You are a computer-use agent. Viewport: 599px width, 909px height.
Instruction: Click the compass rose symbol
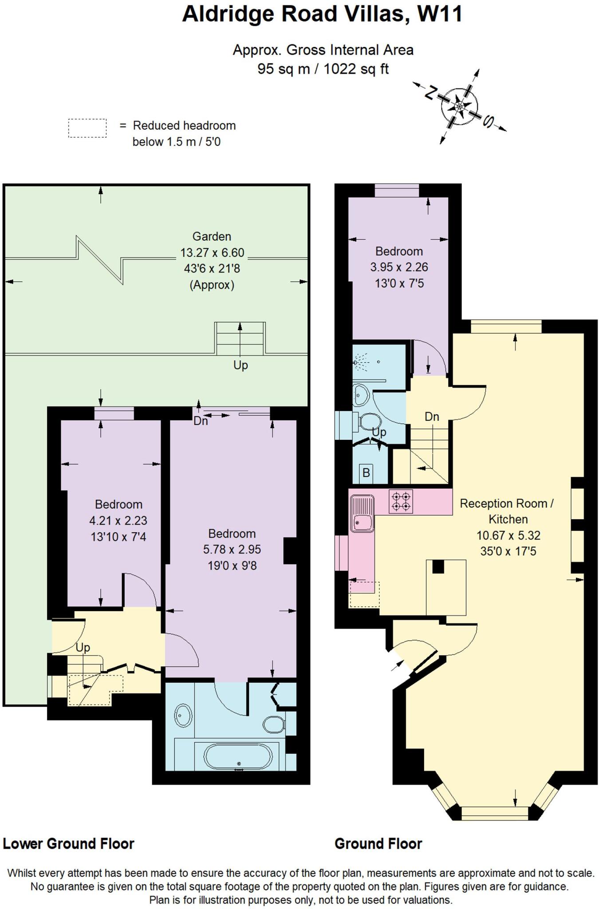(460, 107)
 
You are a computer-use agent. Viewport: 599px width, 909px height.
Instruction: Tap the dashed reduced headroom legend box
(87, 128)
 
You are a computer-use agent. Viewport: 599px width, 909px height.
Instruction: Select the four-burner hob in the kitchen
(401, 502)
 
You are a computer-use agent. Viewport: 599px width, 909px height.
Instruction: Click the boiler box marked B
(366, 473)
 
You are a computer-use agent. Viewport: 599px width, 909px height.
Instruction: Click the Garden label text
(212, 237)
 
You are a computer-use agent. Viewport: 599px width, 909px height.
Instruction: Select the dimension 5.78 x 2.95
(232, 549)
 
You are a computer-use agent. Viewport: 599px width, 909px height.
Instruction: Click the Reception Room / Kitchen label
(507, 511)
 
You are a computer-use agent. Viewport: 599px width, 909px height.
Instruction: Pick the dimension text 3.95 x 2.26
(399, 267)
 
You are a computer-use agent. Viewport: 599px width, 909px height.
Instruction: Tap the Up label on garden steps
(240, 365)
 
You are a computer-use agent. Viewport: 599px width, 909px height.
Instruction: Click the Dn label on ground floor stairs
(432, 417)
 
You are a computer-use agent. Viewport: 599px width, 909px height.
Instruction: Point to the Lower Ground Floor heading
(69, 844)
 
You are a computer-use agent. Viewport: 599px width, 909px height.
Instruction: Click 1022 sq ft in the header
(356, 69)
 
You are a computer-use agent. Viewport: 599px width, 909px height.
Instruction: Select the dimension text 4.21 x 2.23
(118, 521)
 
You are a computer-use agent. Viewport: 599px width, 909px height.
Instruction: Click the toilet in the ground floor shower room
(370, 422)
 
